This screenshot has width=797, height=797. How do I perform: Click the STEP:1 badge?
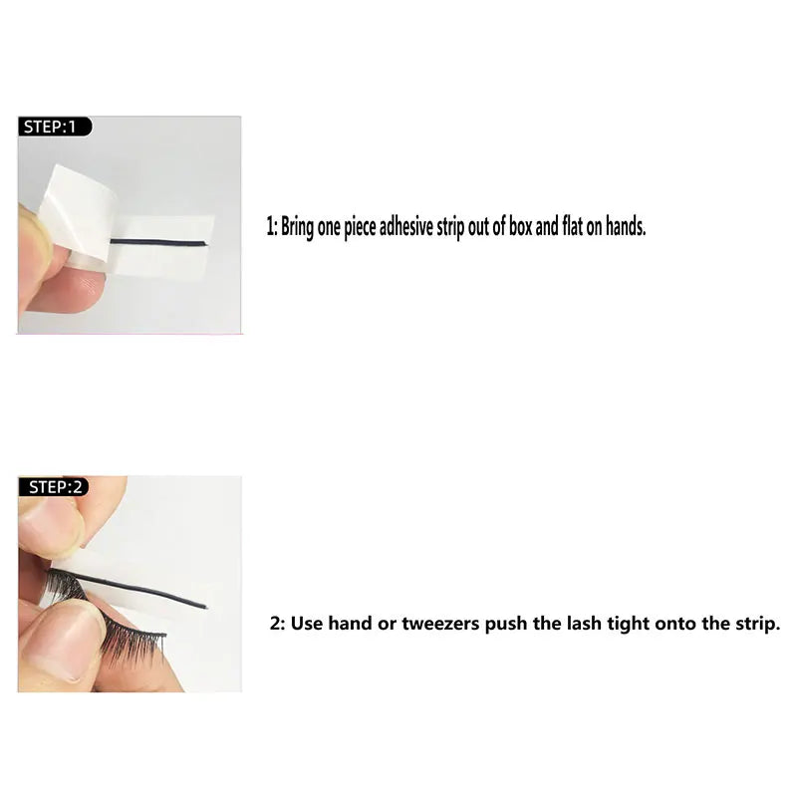click(x=55, y=127)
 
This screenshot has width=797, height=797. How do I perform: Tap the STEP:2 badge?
click(x=55, y=486)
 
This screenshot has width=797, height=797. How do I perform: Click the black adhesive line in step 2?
click(x=139, y=589)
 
